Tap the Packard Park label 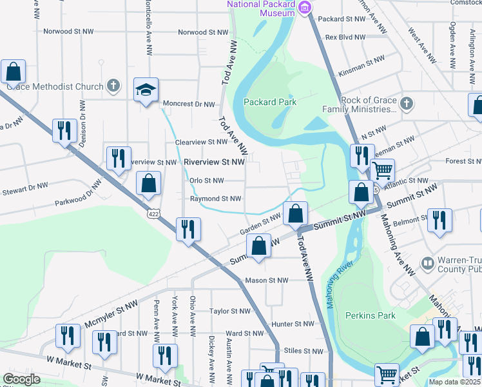(270, 102)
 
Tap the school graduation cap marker (146, 90)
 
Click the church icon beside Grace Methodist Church (113, 86)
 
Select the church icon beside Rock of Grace (406, 103)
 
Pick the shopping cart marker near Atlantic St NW (383, 171)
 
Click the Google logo (21, 379)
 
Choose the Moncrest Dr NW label (188, 104)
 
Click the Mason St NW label (267, 281)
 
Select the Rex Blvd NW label (345, 37)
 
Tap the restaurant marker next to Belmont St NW (439, 220)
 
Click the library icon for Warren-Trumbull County (427, 263)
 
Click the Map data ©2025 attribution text (455, 382)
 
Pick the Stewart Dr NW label (24, 186)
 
